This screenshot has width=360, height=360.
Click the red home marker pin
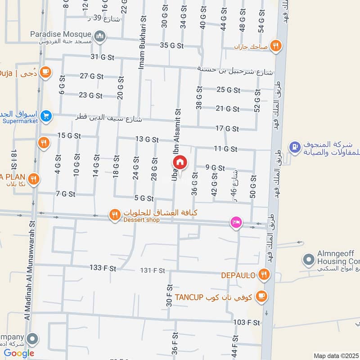(x=180, y=162)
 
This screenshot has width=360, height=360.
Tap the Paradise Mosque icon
(x=100, y=36)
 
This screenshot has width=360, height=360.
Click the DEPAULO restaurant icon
(x=264, y=274)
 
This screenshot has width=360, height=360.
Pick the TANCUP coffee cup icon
(x=261, y=296)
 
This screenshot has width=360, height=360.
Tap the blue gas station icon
(x=294, y=147)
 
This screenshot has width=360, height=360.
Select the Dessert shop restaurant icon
(x=115, y=216)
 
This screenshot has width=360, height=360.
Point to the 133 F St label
(x=103, y=268)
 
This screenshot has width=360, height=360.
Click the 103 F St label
(x=247, y=323)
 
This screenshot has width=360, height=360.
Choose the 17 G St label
(x=227, y=129)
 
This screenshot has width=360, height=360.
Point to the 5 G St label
(x=144, y=198)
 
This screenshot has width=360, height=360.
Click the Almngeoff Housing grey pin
(x=308, y=260)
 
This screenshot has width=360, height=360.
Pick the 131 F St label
(x=153, y=270)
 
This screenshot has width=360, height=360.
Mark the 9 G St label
(x=215, y=168)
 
